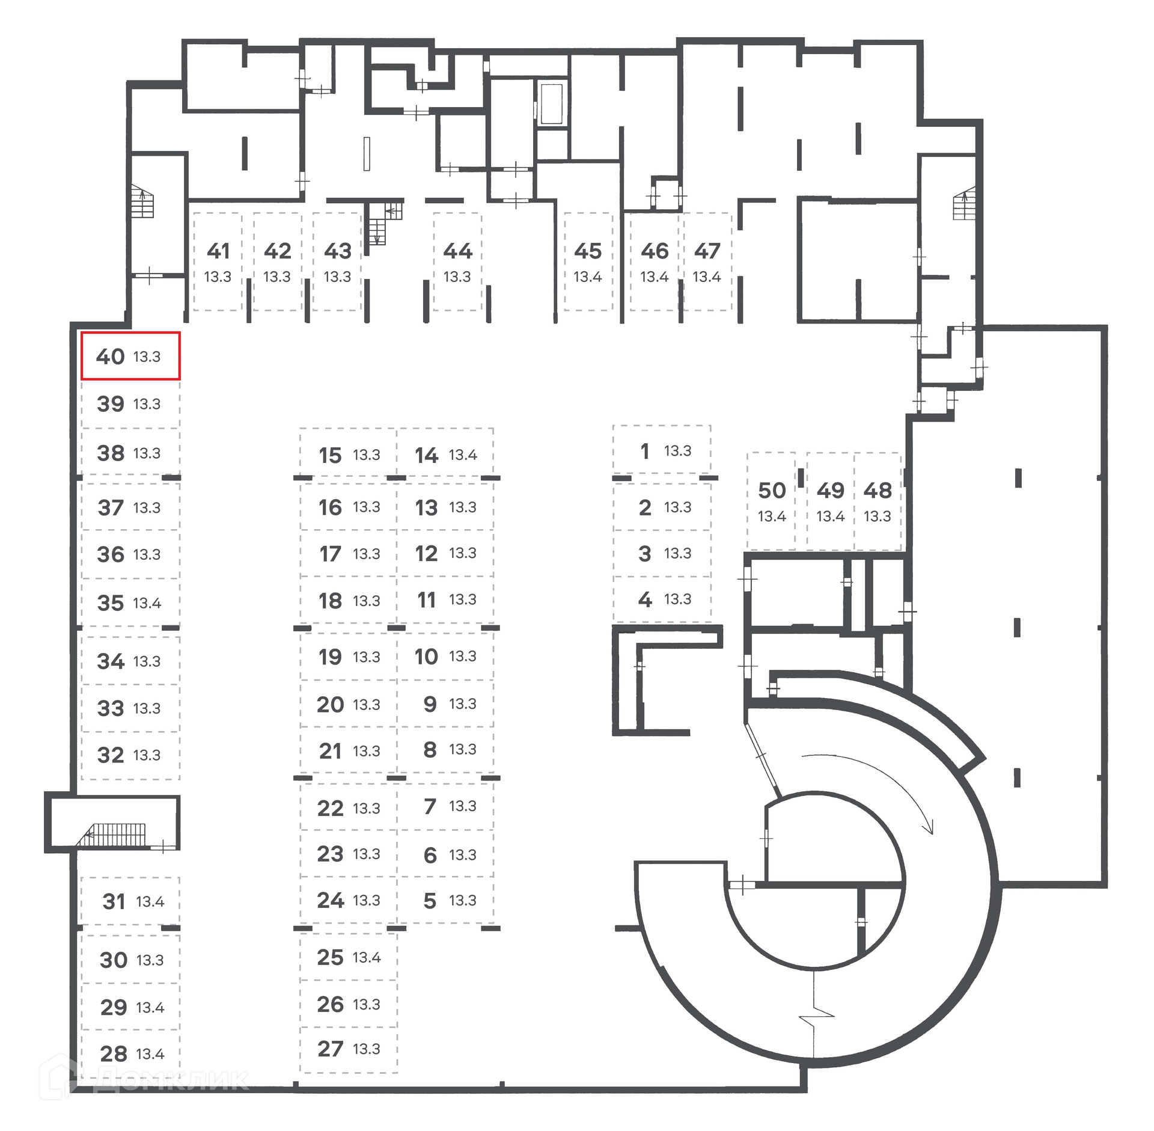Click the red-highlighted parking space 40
130,356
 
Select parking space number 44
457,262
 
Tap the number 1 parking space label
645,451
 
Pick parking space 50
771,501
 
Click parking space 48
877,501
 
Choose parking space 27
349,1049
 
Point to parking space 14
445,455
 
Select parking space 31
131,901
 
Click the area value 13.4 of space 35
147,603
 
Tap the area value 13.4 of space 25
367,957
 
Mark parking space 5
445,900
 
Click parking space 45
588,262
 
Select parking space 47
707,262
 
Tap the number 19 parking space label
330,657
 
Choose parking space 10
445,657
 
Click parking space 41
218,262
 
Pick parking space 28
131,1053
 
